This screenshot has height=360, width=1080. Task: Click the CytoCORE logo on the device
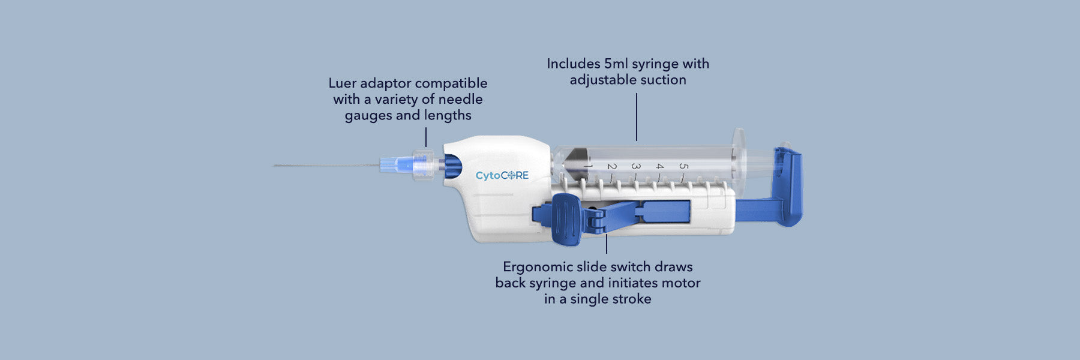pos(502,175)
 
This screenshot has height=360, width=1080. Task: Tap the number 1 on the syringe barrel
pos(589,166)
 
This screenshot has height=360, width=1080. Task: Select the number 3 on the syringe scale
pos(636,166)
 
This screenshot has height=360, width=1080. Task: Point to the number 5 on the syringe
pos(683,166)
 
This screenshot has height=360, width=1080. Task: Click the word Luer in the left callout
pos(342,83)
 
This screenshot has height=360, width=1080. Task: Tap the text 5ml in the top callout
pos(616,64)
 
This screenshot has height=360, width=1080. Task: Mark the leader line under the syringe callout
pos(637,117)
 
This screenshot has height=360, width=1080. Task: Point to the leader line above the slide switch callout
pos(607,243)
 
